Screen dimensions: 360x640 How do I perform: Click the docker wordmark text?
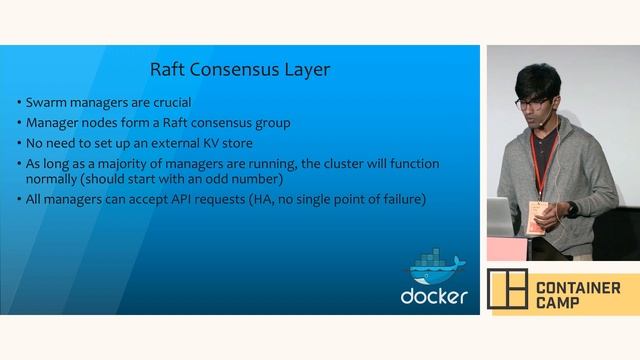tap(434, 296)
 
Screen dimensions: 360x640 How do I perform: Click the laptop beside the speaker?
tap(499, 215)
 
